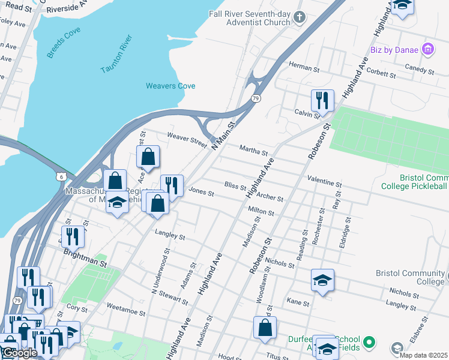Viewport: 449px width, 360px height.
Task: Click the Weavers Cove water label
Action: click(170, 86)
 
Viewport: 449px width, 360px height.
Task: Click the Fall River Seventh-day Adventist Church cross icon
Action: click(301, 17)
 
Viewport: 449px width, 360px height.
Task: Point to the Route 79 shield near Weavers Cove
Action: click(256, 98)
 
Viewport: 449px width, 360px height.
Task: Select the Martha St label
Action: click(253, 148)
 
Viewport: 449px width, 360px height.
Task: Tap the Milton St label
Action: click(261, 212)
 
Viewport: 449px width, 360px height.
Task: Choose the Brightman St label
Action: click(85, 263)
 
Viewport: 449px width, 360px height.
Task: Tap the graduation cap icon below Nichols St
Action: click(322, 280)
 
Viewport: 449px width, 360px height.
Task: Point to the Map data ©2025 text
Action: click(423, 355)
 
